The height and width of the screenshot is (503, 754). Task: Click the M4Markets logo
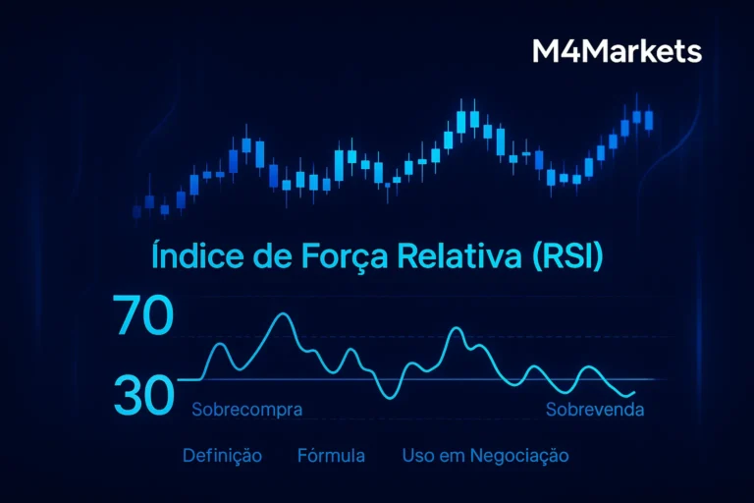click(x=617, y=51)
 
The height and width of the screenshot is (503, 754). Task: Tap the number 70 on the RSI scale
click(x=143, y=317)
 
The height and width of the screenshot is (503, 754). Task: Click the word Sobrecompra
click(x=246, y=409)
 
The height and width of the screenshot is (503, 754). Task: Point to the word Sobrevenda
click(x=595, y=409)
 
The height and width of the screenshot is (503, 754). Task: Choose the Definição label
click(x=222, y=456)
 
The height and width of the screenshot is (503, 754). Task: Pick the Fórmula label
click(x=331, y=456)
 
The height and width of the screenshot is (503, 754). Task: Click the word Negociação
click(x=519, y=456)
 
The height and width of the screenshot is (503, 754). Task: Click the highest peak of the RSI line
click(x=283, y=314)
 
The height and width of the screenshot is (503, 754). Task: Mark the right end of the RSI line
click(x=634, y=393)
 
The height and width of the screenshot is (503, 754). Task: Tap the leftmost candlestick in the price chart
click(x=136, y=210)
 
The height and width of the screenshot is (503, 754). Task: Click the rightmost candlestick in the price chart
click(x=649, y=120)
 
